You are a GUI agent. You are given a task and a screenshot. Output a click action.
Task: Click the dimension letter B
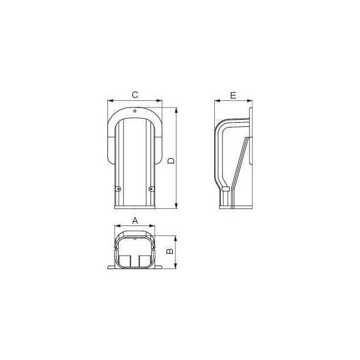tap(169, 251)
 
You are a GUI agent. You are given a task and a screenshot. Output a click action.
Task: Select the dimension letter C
tap(135, 94)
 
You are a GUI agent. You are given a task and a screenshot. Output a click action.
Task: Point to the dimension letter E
tap(233, 94)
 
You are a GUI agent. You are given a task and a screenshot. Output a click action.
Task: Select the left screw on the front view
tap(117, 189)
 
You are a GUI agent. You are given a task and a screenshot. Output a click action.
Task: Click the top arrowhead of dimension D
tap(176, 110)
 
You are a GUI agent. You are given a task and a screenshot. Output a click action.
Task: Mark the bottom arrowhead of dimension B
tap(175, 269)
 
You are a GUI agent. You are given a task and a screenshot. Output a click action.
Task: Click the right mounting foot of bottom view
tap(159, 270)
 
